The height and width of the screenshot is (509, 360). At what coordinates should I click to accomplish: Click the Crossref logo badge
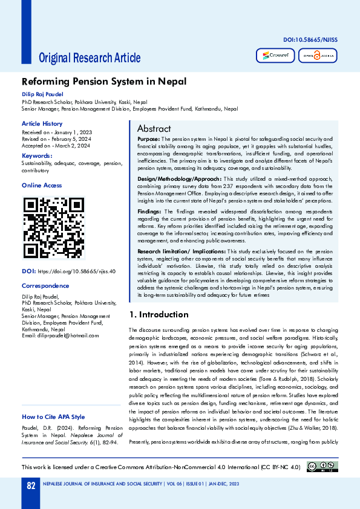point(275,56)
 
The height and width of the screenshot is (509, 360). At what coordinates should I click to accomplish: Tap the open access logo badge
point(317,56)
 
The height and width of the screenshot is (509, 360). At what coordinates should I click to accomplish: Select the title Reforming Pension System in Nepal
point(103,82)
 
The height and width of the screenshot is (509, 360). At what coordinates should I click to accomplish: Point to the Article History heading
point(42,123)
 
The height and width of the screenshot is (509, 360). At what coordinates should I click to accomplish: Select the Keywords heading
point(37,155)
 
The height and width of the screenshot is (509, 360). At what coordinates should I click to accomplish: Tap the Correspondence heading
point(45,285)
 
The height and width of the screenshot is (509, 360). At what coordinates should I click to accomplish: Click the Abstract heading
point(154,129)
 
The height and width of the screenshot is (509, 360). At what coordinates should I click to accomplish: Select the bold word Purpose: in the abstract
point(148,139)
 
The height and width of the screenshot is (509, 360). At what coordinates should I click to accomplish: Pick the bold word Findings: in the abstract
point(149,210)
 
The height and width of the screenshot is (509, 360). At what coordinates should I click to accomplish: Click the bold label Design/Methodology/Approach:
point(179,179)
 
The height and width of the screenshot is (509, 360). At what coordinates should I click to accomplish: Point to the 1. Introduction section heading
point(159,314)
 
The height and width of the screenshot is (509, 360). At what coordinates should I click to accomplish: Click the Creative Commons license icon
point(322,466)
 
